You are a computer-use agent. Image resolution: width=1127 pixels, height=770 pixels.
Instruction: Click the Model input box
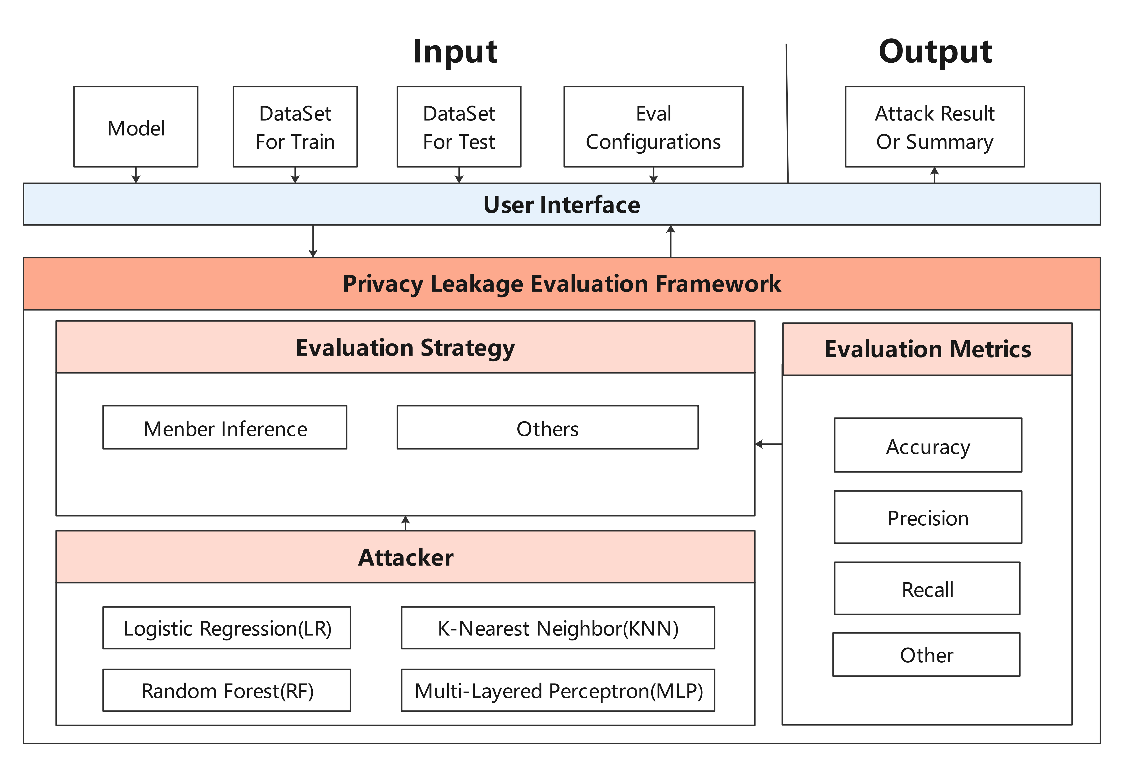point(136,127)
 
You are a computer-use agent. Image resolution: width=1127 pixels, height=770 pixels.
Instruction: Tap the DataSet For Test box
point(459,127)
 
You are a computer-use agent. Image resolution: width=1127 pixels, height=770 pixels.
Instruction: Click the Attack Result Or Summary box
point(934,127)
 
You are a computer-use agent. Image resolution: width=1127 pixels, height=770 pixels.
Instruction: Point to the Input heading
point(455,51)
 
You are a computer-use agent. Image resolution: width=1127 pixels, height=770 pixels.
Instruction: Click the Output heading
point(935,51)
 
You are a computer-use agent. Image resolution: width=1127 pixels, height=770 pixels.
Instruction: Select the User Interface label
point(561,205)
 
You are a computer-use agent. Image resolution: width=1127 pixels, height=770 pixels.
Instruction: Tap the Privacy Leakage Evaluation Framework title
point(561,283)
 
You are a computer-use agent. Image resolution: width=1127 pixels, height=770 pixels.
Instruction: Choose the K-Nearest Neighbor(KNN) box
point(558,628)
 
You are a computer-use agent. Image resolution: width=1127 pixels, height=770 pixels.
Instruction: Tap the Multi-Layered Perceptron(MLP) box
point(558,690)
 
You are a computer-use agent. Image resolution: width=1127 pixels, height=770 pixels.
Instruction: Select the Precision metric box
point(928,518)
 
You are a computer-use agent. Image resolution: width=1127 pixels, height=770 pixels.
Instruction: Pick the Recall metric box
point(927,589)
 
